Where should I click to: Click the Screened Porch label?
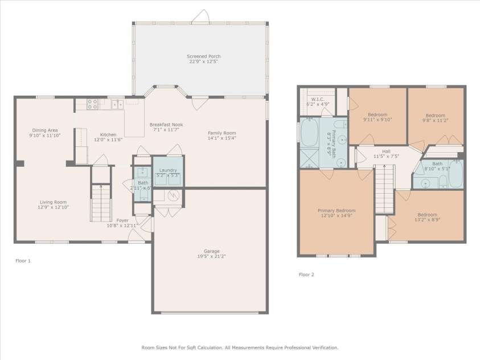click(x=203, y=56)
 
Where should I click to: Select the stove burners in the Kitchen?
click(x=92, y=104)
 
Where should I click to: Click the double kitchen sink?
click(x=117, y=104)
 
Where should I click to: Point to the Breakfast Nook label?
click(x=166, y=125)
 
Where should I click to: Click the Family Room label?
click(x=221, y=133)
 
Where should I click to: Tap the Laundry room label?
click(x=168, y=170)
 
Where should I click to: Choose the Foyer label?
click(x=122, y=220)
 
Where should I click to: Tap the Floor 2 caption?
click(x=306, y=275)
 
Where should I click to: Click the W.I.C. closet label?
click(x=317, y=99)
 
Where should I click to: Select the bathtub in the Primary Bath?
click(x=310, y=132)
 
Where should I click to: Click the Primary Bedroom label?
click(x=336, y=210)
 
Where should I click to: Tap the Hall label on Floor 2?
click(x=386, y=151)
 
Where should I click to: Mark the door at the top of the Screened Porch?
click(x=200, y=18)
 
